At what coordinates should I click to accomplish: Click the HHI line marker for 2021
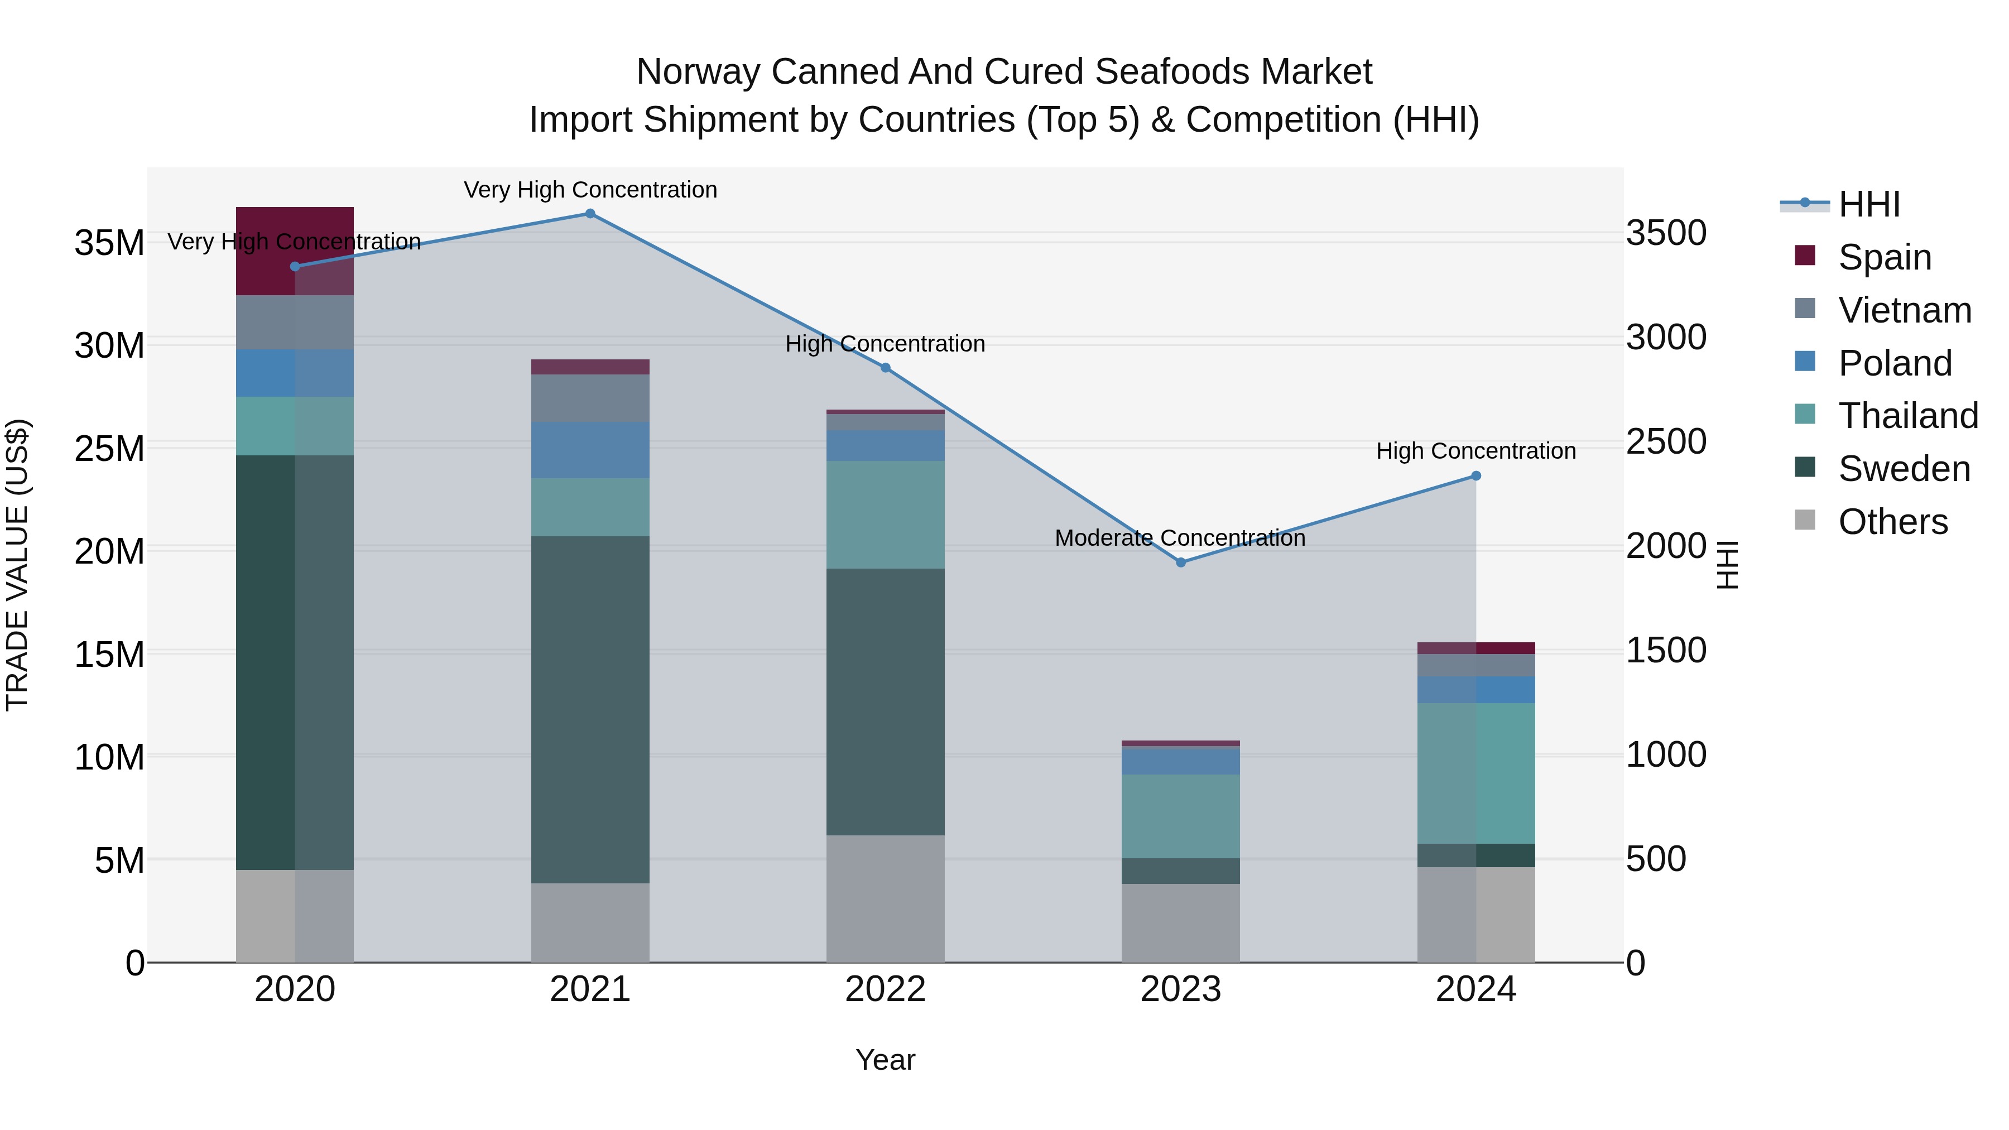pyautogui.click(x=590, y=214)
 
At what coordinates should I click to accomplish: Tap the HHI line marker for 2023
pyautogui.click(x=1181, y=562)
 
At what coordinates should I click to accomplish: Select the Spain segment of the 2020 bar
pyautogui.click(x=295, y=251)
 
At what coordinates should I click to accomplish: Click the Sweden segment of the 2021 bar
pyautogui.click(x=590, y=710)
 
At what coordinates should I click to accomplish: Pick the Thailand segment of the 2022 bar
pyautogui.click(x=885, y=514)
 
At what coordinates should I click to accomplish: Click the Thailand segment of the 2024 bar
pyautogui.click(x=1475, y=773)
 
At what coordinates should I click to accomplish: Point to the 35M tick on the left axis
pyautogui.click(x=109, y=243)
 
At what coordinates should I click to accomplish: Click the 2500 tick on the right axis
pyautogui.click(x=1666, y=442)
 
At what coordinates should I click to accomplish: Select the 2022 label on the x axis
pyautogui.click(x=885, y=989)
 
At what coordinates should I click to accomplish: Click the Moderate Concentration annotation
pyautogui.click(x=1180, y=538)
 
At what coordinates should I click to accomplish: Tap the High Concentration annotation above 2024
pyautogui.click(x=1475, y=451)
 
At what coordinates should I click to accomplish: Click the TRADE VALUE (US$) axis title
pyautogui.click(x=17, y=565)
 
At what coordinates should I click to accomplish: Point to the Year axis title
pyautogui.click(x=885, y=1060)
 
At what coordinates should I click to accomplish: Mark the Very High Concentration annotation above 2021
pyautogui.click(x=590, y=190)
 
